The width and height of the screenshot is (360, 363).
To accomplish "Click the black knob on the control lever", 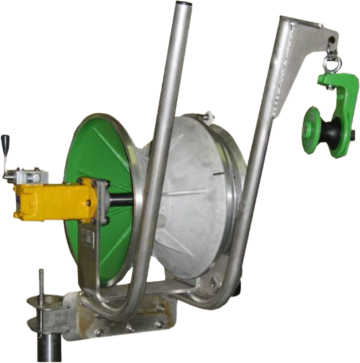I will [x=6, y=141].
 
